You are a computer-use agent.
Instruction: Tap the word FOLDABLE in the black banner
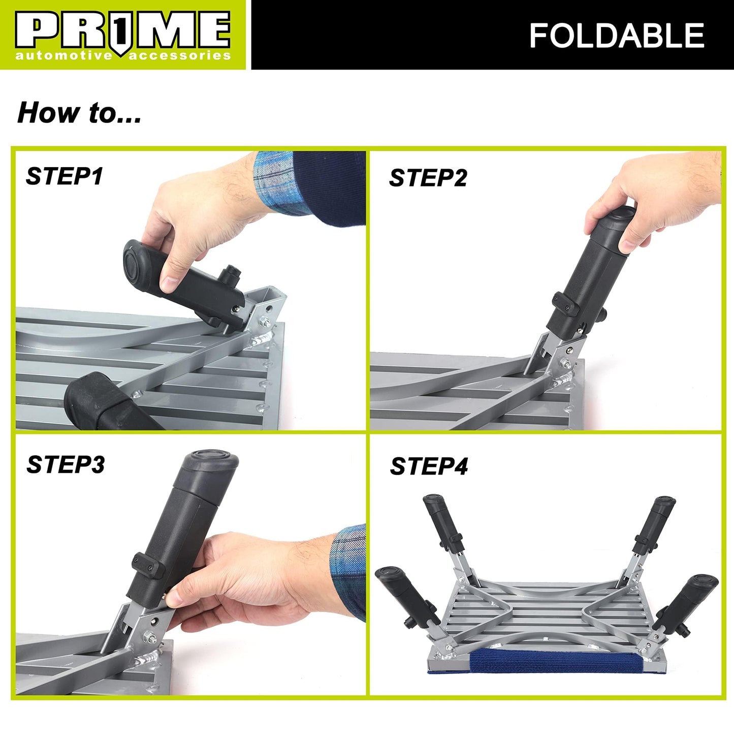coord(616,36)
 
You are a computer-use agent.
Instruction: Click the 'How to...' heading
coord(79,113)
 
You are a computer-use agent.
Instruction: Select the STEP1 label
coord(65,176)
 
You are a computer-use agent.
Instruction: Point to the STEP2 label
coord(428,178)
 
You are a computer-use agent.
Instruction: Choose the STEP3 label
coord(66,464)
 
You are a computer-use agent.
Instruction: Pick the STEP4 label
coord(429,466)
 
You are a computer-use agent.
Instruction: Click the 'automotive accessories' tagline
coord(122,55)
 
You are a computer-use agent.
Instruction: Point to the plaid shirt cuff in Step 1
coord(277,183)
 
